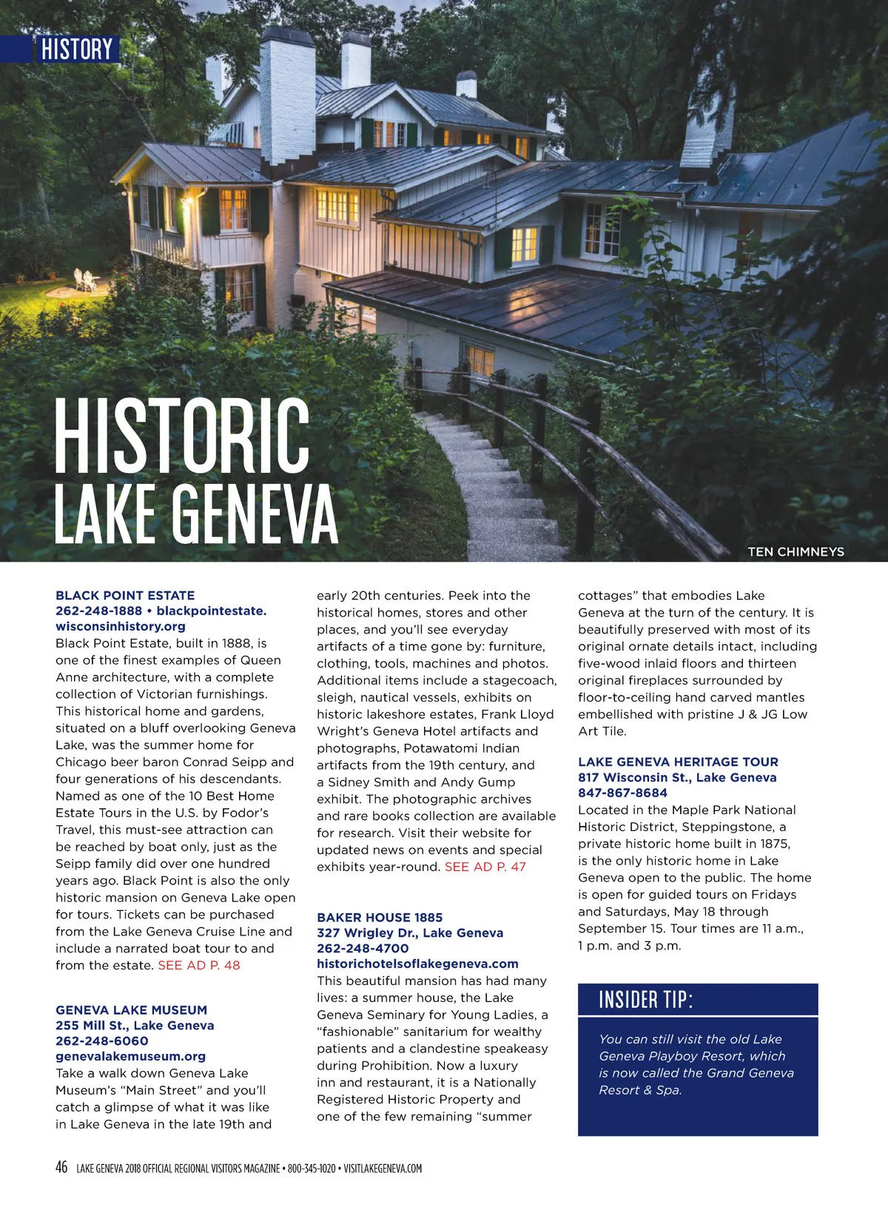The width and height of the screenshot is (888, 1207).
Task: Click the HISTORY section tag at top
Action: click(76, 50)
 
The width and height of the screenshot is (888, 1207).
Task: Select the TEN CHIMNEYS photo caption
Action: click(795, 551)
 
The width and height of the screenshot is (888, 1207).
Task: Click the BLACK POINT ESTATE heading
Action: click(125, 595)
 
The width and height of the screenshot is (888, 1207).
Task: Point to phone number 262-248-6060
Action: click(102, 1040)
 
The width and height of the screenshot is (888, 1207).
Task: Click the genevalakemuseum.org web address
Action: click(131, 1056)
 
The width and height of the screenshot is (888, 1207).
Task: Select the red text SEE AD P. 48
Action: click(199, 965)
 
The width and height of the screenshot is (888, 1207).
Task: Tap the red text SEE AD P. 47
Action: click(485, 867)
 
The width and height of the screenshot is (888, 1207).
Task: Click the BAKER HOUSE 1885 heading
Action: click(380, 917)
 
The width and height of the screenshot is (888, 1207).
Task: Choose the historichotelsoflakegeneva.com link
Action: click(417, 964)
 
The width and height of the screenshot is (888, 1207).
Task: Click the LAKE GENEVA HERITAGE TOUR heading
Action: click(678, 761)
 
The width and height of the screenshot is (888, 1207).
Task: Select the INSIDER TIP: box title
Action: click(646, 1000)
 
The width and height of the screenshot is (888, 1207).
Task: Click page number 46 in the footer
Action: click(61, 1168)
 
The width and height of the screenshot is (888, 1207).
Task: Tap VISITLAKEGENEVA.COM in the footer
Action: click(383, 1169)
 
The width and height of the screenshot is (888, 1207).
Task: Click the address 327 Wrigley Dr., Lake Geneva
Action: click(410, 932)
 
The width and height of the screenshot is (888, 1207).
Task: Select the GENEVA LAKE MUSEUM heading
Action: click(131, 1009)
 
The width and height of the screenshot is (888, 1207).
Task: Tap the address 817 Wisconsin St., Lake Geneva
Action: click(677, 777)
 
